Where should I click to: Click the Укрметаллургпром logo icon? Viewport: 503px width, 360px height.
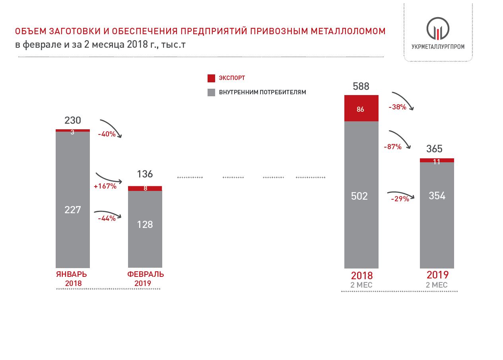tap(438, 29)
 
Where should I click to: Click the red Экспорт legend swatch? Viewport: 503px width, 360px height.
tap(211, 78)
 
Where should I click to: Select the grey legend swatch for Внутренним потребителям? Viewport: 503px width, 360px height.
tap(211, 92)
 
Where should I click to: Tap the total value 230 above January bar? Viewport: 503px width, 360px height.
tap(73, 120)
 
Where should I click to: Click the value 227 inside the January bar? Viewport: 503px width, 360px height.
tap(73, 210)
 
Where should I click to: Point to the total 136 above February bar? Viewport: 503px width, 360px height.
tap(145, 174)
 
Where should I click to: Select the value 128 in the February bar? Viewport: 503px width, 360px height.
tap(145, 225)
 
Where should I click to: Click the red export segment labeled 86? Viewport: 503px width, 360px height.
tap(361, 109)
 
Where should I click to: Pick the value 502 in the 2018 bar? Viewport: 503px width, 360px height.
tap(359, 196)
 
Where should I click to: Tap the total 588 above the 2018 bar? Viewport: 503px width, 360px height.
tap(361, 86)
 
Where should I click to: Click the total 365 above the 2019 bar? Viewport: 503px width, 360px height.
tap(434, 149)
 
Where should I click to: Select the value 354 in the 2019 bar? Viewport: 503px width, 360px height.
tap(437, 196)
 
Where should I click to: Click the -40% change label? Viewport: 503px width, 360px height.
tap(107, 134)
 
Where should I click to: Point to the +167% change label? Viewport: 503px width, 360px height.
tap(105, 186)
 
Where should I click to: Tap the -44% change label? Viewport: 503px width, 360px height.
tap(107, 218)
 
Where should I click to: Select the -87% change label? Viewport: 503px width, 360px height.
tap(392, 147)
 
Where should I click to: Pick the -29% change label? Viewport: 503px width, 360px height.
tap(400, 199)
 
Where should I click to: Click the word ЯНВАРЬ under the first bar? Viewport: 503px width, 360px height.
tap(72, 274)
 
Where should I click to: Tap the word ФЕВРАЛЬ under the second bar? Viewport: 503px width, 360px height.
tap(146, 274)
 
